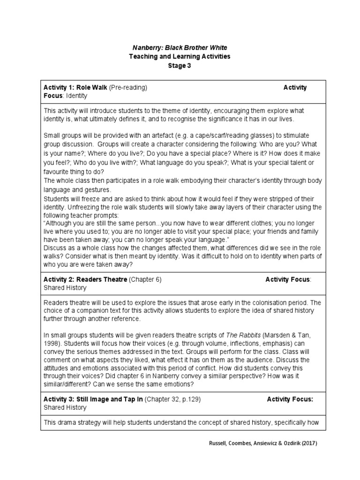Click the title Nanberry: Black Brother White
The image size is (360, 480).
click(180, 48)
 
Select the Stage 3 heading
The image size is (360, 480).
click(180, 66)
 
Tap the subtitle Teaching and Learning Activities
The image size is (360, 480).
click(180, 57)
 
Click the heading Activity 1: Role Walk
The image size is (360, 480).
click(75, 88)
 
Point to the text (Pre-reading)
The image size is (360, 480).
click(128, 88)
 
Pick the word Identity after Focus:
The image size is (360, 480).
click(76, 96)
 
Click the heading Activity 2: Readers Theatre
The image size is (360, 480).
click(85, 279)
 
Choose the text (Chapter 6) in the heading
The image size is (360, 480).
click(145, 279)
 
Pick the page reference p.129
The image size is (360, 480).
click(191, 399)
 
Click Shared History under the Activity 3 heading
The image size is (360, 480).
click(65, 407)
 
